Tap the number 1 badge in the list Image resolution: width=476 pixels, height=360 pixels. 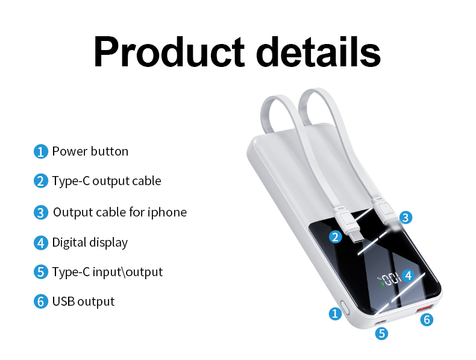coord(40,151)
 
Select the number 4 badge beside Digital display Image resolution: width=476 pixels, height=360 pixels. coord(40,243)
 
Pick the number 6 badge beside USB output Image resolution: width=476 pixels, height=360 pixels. coord(40,302)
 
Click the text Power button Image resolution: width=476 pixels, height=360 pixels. coord(90,151)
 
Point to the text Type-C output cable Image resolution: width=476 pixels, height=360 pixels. coord(107,181)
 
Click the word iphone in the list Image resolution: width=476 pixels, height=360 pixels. coord(167,212)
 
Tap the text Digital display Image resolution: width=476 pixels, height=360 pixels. coord(90,243)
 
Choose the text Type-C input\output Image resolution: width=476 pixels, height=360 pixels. coord(107,272)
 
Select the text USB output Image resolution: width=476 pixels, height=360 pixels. coord(83,302)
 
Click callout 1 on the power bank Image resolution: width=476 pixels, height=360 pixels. coord(335,313)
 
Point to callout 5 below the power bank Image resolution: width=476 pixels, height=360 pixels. coord(381,332)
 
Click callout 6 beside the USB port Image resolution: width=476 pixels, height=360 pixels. coord(427,320)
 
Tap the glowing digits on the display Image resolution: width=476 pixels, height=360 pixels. coord(390,279)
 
